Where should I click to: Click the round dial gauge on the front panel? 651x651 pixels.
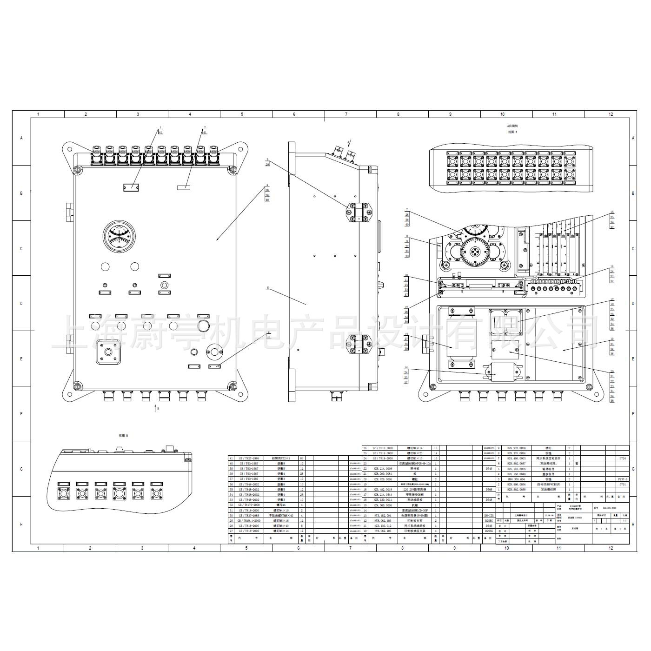(120, 236)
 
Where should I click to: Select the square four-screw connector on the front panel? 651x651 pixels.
(108, 352)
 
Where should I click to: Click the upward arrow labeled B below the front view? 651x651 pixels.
(155, 408)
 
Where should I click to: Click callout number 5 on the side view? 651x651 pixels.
(268, 288)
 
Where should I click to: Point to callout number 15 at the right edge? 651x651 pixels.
(612, 212)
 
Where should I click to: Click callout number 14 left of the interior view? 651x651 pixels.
(406, 367)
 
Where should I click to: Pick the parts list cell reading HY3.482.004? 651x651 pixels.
(383, 516)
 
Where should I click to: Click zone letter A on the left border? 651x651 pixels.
(21, 138)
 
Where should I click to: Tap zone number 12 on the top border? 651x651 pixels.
(611, 114)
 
